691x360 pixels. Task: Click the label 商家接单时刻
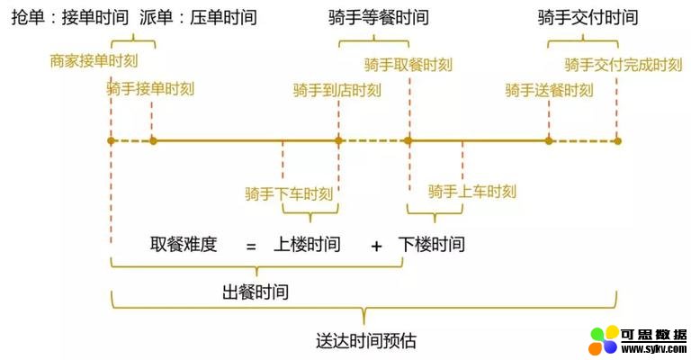pyautogui.click(x=94, y=61)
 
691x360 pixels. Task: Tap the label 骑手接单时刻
pyautogui.click(x=150, y=89)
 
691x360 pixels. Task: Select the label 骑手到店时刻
pyautogui.click(x=337, y=90)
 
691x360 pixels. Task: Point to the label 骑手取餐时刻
pyautogui.click(x=408, y=65)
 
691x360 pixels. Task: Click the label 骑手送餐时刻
pyautogui.click(x=549, y=90)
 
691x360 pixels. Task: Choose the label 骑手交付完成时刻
pyautogui.click(x=624, y=65)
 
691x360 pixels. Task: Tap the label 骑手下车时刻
pyautogui.click(x=289, y=193)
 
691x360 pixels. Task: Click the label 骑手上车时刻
pyautogui.click(x=472, y=191)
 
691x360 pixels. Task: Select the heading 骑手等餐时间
pyautogui.click(x=379, y=18)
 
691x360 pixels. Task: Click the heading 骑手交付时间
pyautogui.click(x=588, y=18)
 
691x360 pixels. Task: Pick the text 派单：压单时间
pyautogui.click(x=199, y=18)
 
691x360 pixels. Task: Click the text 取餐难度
pyautogui.click(x=184, y=244)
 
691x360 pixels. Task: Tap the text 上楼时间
pyautogui.click(x=307, y=244)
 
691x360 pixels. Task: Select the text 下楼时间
pyautogui.click(x=432, y=244)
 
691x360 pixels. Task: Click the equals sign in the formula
pyautogui.click(x=251, y=245)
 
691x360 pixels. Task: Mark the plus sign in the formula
pyautogui.click(x=376, y=245)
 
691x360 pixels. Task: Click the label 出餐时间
pyautogui.click(x=256, y=292)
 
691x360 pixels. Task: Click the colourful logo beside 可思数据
pyautogui.click(x=604, y=341)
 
